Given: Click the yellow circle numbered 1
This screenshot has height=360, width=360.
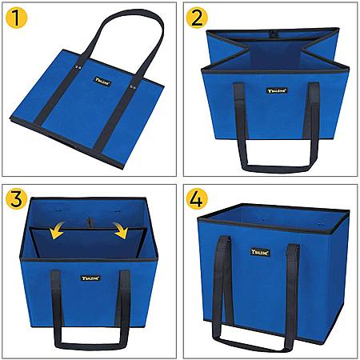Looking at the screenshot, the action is (16, 18).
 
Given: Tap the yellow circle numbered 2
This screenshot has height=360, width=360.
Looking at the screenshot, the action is (197, 18).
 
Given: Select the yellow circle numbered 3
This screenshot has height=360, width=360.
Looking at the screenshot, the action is (16, 199).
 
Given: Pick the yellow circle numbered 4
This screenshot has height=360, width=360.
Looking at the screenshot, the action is (197, 199).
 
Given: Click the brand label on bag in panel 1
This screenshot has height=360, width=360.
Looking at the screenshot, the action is (102, 82).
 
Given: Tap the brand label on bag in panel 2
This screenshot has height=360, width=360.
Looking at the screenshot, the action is (278, 90).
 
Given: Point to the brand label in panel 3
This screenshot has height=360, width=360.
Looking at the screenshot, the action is (90, 278).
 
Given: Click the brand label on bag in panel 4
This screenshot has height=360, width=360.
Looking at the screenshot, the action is (260, 253).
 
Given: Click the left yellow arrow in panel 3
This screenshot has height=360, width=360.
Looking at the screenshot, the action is (57, 230).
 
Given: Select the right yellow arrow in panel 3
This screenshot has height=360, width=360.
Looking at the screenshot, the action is (121, 230).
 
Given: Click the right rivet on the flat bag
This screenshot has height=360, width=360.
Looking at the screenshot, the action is (133, 86).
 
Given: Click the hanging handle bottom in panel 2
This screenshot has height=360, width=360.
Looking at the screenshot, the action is (278, 169).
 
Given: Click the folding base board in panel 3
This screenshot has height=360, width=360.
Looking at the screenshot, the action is (88, 242).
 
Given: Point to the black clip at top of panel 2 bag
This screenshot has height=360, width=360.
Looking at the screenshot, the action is (272, 34).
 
